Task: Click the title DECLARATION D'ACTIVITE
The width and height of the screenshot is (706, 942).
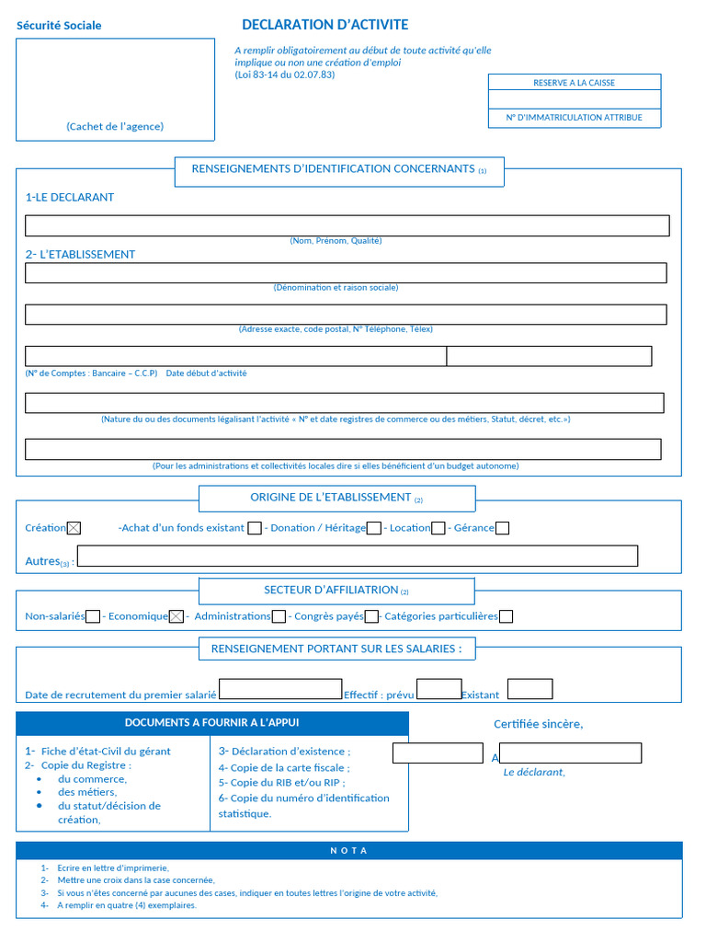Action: coord(325,25)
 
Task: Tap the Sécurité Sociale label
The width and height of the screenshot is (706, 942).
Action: coord(59,26)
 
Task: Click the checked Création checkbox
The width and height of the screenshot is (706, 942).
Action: coord(74,528)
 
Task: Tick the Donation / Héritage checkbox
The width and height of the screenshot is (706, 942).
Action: coord(374,528)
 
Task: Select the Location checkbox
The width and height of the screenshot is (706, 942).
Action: coord(438,528)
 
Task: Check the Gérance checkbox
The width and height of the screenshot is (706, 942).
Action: coord(503,528)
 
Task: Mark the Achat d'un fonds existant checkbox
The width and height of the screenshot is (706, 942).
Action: coord(255,528)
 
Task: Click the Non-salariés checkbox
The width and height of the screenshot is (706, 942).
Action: coord(93,616)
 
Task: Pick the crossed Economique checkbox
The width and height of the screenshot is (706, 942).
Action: coord(176,616)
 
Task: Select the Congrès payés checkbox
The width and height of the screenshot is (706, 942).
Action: coord(371,616)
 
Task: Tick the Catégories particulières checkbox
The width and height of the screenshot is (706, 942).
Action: coord(506,616)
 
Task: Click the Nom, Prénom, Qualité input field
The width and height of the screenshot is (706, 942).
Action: coord(347,225)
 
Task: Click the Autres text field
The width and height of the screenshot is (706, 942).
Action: coord(358,556)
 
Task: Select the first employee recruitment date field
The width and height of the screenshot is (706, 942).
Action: coord(280,689)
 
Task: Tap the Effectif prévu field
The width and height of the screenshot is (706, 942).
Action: coord(438,689)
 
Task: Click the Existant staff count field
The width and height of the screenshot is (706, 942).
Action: coord(530,689)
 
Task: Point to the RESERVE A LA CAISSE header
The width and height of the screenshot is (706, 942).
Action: coord(574,83)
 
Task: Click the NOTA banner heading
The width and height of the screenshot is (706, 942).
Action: coord(348,851)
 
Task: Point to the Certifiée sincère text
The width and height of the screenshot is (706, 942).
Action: coord(538,724)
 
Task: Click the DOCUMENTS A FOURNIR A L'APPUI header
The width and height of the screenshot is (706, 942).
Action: coord(211,723)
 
